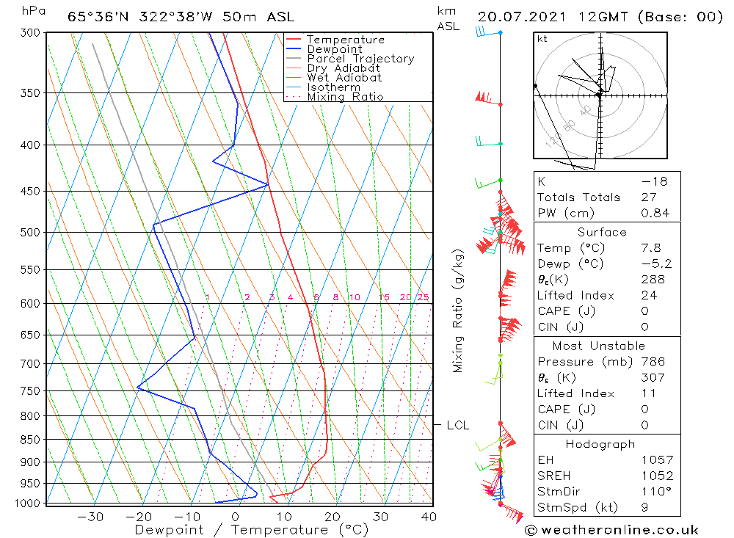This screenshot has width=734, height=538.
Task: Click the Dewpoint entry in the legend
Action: (x=334, y=49)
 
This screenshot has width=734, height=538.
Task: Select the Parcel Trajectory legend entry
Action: (x=360, y=59)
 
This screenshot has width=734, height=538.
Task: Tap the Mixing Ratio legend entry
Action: (x=345, y=97)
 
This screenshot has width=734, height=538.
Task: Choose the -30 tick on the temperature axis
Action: (x=90, y=517)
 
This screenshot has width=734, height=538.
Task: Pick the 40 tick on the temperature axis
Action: (x=429, y=517)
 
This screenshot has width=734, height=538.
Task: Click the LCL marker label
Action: (x=457, y=425)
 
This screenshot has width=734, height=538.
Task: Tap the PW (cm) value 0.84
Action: (x=655, y=213)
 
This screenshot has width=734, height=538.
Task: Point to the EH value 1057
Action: (x=655, y=460)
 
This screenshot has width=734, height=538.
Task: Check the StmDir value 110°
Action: (x=653, y=491)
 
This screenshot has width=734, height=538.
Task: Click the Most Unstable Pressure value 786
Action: (x=653, y=362)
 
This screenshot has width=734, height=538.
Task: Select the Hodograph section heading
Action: (x=600, y=444)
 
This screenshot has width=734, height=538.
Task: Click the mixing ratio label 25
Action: (x=423, y=297)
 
